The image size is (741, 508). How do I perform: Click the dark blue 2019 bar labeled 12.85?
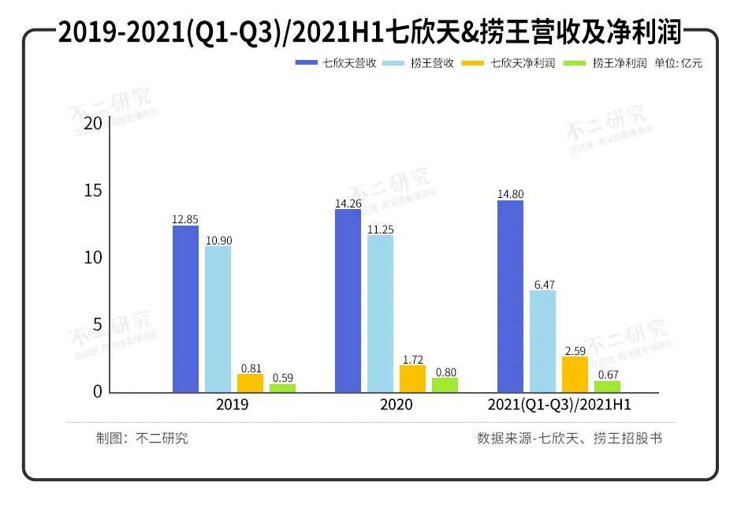[x=186, y=309]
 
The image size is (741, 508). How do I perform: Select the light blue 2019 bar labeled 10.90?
[x=218, y=319]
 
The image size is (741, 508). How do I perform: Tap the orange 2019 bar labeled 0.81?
[x=251, y=383]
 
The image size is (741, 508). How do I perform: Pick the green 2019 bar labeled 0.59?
[x=283, y=388]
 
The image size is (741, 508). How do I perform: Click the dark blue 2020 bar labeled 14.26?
[x=348, y=301]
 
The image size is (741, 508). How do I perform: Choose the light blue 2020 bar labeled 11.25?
[x=380, y=314]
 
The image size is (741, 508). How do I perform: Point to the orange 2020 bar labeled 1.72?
[x=412, y=379]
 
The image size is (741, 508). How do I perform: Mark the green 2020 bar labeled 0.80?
[x=445, y=385]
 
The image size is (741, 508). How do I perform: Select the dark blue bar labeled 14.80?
[x=510, y=297]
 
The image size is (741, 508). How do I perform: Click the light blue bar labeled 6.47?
[x=542, y=342]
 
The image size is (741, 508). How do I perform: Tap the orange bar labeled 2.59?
[x=575, y=375]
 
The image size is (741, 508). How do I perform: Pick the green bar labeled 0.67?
[x=607, y=387]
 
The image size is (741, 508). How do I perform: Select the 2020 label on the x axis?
[x=396, y=405]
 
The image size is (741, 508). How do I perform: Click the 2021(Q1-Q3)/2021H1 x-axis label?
[x=559, y=405]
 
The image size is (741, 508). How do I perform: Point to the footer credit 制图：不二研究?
[x=142, y=439]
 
